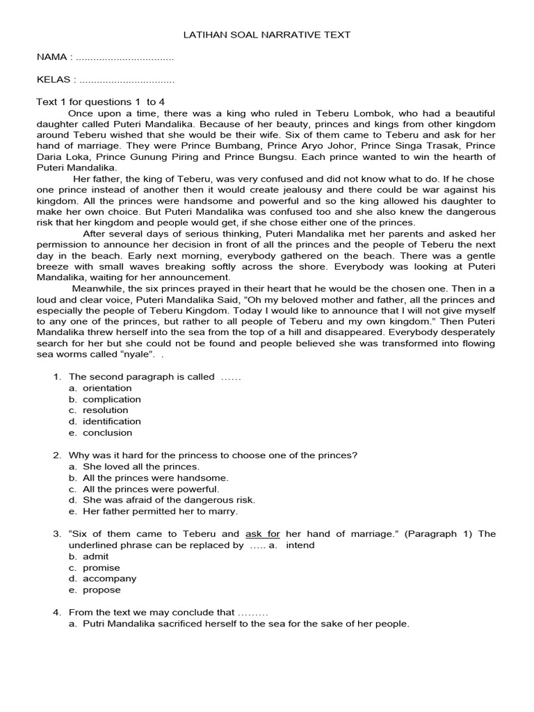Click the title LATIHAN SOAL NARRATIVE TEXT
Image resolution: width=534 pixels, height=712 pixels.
click(268, 34)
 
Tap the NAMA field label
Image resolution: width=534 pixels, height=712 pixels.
click(52, 57)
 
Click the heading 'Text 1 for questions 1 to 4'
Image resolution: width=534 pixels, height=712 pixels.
click(100, 102)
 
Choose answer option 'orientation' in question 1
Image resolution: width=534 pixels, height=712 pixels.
click(107, 388)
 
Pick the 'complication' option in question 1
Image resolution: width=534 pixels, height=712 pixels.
click(111, 399)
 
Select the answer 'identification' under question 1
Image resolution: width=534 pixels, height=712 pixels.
click(111, 421)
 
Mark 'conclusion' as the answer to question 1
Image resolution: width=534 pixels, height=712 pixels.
click(107, 432)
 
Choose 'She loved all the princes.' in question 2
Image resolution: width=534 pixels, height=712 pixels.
click(140, 467)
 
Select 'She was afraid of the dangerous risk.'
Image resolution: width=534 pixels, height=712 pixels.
click(169, 500)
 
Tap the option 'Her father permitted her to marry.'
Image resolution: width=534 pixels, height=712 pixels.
click(160, 511)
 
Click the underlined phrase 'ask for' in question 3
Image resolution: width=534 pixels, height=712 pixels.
click(263, 534)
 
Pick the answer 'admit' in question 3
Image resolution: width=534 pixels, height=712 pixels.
click(96, 556)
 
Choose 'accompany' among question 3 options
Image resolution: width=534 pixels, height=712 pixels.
click(109, 578)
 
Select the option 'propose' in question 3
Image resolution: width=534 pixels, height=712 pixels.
click(102, 590)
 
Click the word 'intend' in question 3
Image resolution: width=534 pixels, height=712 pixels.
click(300, 545)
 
